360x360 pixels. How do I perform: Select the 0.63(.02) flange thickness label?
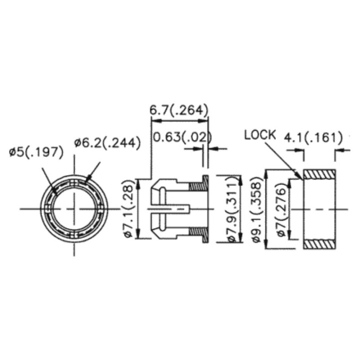(x=181, y=136)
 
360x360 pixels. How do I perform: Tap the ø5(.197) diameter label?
(x=36, y=151)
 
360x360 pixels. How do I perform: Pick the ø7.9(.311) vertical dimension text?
(x=232, y=209)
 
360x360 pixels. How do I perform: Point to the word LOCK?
(x=260, y=134)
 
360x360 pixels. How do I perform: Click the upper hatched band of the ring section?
(x=319, y=174)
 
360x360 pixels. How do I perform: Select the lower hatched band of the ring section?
(x=319, y=244)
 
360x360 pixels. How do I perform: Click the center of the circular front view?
(x=74, y=208)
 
